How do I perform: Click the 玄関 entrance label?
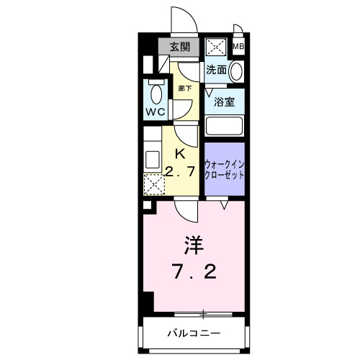coord(179,48)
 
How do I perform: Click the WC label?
coord(157,112)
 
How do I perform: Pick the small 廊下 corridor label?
coord(184,87)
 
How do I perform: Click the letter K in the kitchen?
coord(181,153)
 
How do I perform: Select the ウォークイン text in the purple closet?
coord(225,163)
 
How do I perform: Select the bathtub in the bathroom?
coord(225,125)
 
